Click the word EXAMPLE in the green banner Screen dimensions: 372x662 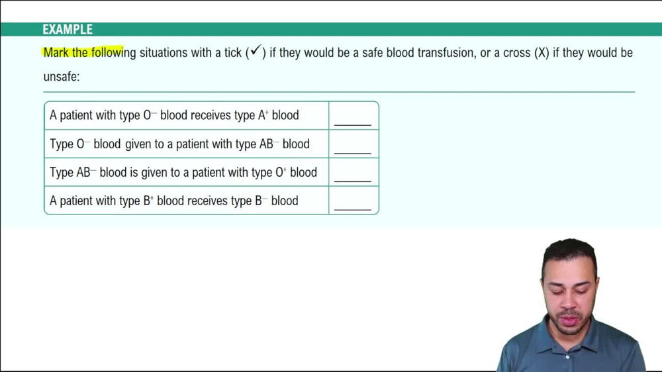pyautogui.click(x=68, y=29)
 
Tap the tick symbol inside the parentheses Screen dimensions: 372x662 pyautogui.click(x=255, y=52)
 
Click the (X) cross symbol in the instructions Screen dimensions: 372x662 pyautogui.click(x=542, y=53)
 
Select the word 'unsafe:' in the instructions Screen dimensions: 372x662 pyautogui.click(x=62, y=76)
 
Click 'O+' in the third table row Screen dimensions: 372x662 pyautogui.click(x=281, y=172)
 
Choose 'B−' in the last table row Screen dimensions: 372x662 pyautogui.click(x=261, y=201)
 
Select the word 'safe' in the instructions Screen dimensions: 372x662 pyautogui.click(x=373, y=53)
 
